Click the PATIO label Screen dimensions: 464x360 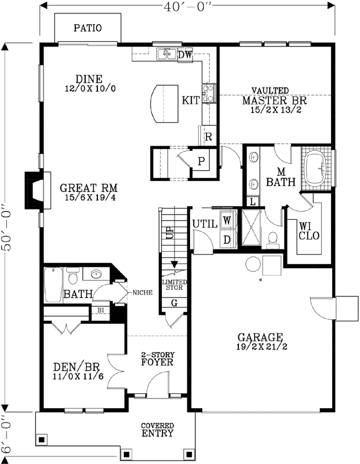[x=88, y=27]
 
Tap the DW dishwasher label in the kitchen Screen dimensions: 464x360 [x=185, y=55]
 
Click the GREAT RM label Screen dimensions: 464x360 [x=89, y=188]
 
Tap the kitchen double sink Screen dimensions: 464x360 [x=167, y=55]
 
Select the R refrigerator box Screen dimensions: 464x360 [x=208, y=137]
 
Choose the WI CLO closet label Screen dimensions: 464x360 [x=308, y=230]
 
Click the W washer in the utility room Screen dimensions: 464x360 [x=227, y=220]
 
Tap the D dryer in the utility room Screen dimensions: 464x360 [x=227, y=239]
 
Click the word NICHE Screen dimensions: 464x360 [x=143, y=293]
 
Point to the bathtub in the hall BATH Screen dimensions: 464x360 [x=53, y=284]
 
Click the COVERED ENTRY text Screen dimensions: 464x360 [x=157, y=430]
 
